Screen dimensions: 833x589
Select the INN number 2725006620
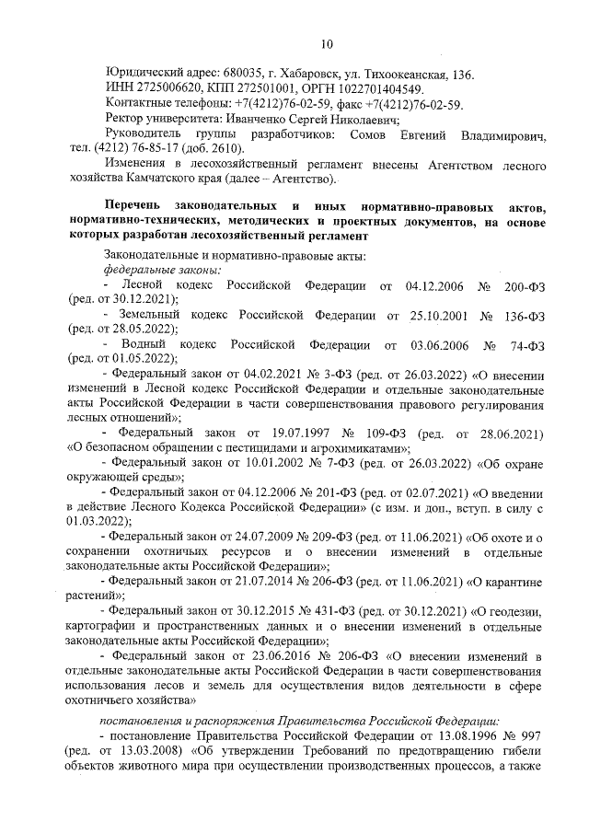point(165,89)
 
